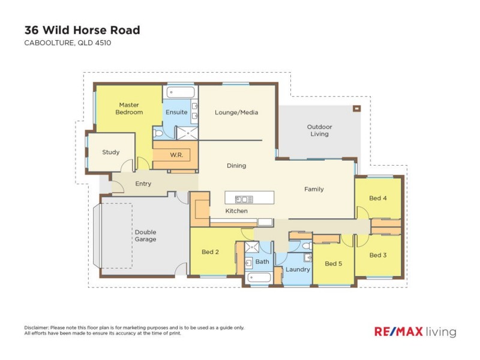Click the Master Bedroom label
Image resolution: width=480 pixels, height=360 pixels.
[129, 109]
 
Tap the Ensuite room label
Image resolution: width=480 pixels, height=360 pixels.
[176, 112]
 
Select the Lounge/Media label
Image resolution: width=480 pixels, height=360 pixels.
[236, 112]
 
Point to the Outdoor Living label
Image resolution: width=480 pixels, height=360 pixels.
[319, 130]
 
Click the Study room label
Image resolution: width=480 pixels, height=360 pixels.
[110, 152]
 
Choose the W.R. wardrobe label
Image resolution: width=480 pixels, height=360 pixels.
[176, 155]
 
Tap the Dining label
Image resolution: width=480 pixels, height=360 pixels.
[236, 166]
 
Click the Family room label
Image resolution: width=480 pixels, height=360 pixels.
[314, 189]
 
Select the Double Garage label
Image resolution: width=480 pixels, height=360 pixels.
[145, 236]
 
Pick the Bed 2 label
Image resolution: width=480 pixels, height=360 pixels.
[210, 252]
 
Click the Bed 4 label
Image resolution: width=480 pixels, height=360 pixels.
[377, 198]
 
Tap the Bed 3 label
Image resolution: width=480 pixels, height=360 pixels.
[377, 255]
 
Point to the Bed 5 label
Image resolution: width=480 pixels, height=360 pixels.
[333, 263]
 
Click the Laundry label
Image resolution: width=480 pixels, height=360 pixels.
[298, 269]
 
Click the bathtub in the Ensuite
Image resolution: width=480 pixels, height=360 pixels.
[181, 92]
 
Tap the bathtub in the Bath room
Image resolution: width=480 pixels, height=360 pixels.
[259, 278]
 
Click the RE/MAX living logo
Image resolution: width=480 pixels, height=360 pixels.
[415, 332]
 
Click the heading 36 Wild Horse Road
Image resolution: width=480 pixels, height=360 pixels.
[82, 29]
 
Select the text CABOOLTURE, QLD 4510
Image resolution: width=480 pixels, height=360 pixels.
[67, 43]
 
